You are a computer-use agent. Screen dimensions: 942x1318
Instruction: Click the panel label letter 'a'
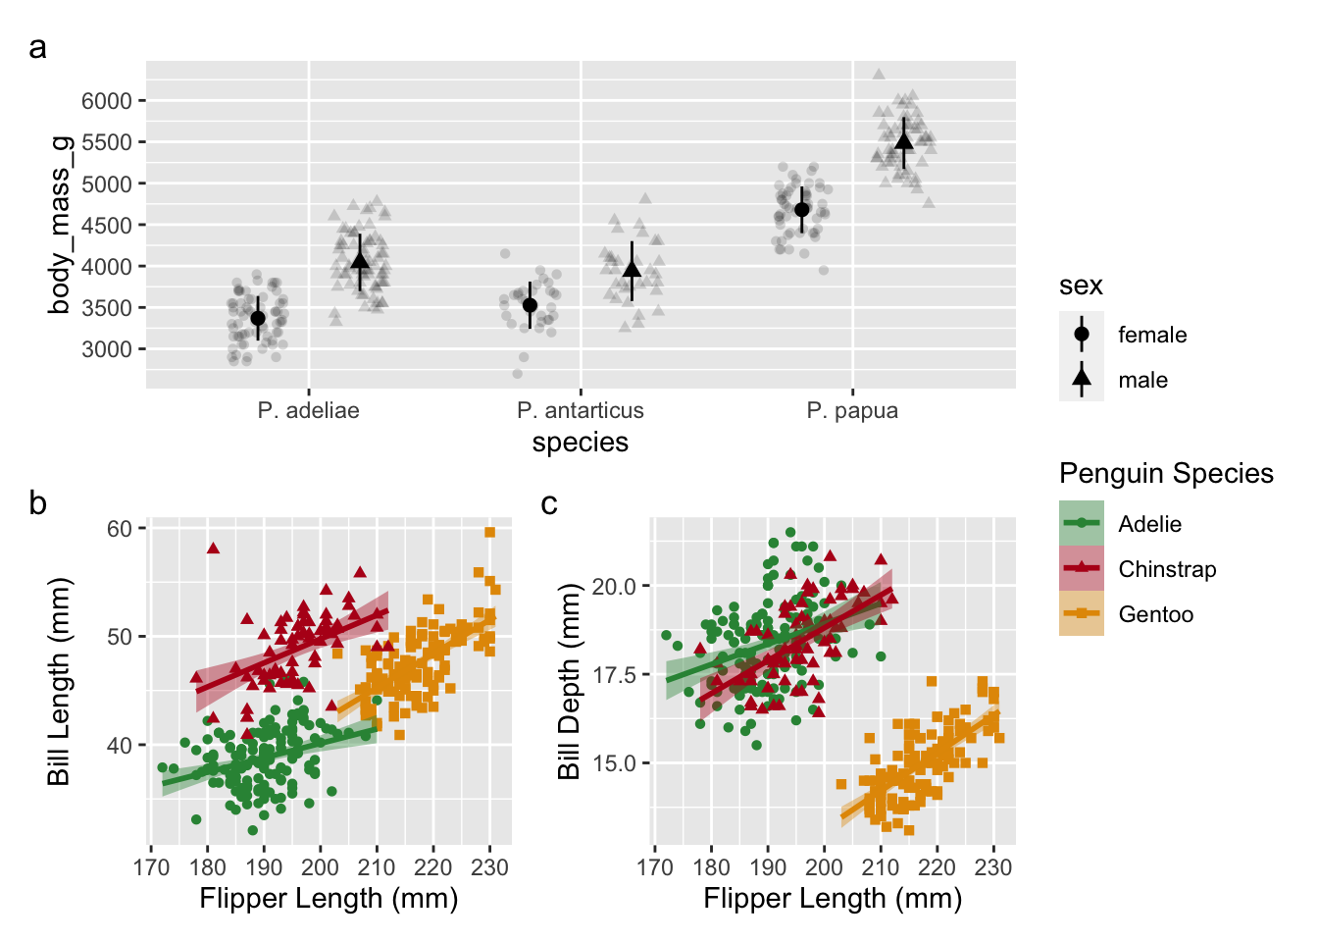click(x=37, y=47)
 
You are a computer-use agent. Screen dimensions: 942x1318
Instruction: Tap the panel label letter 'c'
click(x=549, y=503)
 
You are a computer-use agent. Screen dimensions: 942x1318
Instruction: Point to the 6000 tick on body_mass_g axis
click(x=106, y=101)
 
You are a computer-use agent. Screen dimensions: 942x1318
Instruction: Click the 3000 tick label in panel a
click(x=106, y=349)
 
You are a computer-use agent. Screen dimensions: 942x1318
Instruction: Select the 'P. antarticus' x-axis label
click(x=581, y=410)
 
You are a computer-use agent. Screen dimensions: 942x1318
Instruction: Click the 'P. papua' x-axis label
click(x=852, y=410)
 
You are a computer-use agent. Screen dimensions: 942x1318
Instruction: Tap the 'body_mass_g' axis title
click(x=60, y=225)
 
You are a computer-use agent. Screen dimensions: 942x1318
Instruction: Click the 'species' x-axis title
click(x=581, y=443)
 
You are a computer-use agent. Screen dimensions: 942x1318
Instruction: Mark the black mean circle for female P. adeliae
click(x=258, y=318)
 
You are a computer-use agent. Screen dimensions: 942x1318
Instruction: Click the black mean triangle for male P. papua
click(x=904, y=141)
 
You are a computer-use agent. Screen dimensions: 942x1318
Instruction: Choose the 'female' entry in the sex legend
click(x=1151, y=335)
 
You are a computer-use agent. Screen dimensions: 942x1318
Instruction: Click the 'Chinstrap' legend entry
click(x=1167, y=569)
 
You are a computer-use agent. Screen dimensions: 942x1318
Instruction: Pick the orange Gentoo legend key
click(x=1082, y=613)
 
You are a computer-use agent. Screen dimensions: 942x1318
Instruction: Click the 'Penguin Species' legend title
click(x=1166, y=474)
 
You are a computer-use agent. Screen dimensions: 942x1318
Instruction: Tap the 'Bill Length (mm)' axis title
click(x=60, y=682)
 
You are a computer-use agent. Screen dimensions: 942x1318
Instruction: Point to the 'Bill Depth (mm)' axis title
click(x=569, y=682)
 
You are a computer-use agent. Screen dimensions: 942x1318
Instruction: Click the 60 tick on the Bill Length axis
click(x=119, y=529)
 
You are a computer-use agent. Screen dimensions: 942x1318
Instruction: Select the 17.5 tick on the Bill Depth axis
click(x=614, y=675)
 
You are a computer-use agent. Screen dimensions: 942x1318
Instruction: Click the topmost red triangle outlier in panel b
click(x=213, y=548)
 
